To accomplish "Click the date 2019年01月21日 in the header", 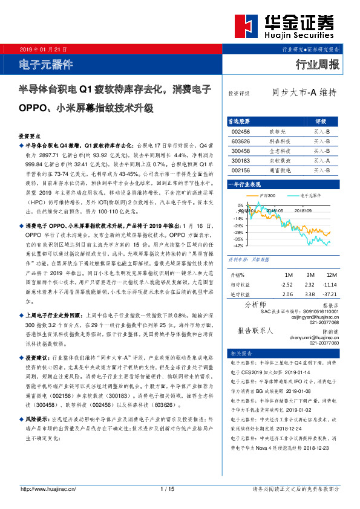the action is point(42,48).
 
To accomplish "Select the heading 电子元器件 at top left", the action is point(46,63).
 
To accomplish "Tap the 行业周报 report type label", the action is point(317,64).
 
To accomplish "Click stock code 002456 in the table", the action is point(241,131).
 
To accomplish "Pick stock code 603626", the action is point(241,141).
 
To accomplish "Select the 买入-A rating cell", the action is point(321,161).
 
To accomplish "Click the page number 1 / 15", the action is point(168,488).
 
